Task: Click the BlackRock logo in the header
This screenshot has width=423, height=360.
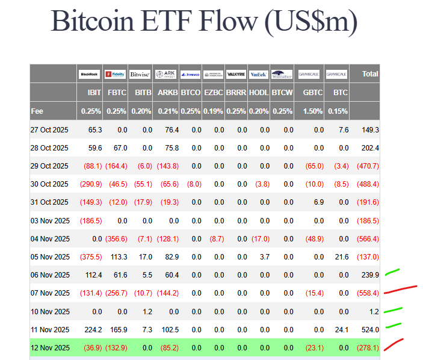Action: [90, 75]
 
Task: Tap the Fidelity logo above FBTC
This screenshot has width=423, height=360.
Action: [115, 75]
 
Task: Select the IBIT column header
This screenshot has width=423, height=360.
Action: [94, 93]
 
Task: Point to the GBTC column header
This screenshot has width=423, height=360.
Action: [313, 93]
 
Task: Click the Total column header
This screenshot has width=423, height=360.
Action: [370, 74]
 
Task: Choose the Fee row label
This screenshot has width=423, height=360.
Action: [37, 111]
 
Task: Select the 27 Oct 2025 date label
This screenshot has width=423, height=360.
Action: [50, 129]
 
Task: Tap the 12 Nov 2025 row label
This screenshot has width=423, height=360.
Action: [50, 347]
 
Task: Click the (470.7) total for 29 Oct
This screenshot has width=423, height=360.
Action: [366, 166]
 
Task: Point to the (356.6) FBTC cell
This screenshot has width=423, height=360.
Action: [116, 238]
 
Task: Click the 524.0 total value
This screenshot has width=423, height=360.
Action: [369, 329]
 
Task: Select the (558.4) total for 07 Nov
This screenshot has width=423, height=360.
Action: [366, 293]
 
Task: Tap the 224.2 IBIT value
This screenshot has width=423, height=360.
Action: [94, 329]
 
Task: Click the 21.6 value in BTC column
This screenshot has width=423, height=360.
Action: [341, 256]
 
